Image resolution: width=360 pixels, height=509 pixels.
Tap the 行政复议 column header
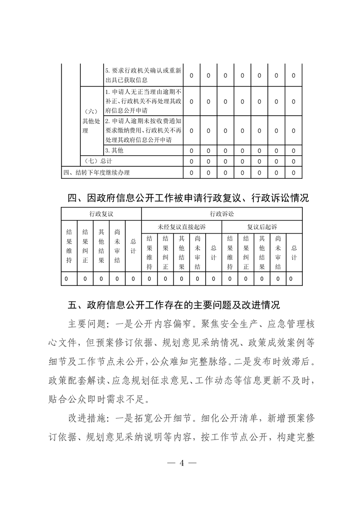[101, 213]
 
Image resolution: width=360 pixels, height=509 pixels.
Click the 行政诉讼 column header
[222, 213]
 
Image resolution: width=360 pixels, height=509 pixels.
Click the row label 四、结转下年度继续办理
[96, 172]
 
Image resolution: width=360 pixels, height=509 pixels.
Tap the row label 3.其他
[114, 150]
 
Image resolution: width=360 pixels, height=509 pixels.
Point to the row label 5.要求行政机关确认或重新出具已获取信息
[143, 75]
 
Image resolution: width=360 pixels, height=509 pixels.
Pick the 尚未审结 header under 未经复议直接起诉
[197, 253]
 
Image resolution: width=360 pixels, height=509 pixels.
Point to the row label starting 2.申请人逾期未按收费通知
[143, 130]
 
